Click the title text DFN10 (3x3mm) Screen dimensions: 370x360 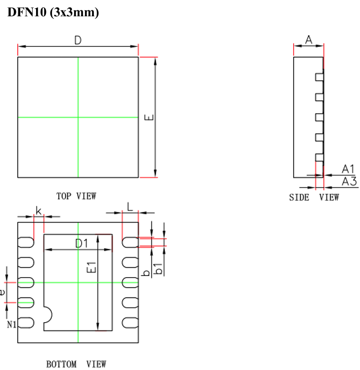53,13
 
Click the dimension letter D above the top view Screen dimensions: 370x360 78,41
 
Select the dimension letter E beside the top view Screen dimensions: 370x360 150,118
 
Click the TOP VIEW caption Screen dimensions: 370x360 76,196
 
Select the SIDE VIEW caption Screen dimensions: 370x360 314,198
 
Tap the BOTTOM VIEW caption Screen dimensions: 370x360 76,365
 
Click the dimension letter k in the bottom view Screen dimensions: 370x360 39,211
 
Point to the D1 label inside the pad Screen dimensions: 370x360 81,243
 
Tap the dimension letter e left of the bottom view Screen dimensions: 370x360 3,292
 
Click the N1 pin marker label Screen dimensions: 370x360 11,325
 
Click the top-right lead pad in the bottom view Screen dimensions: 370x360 130,242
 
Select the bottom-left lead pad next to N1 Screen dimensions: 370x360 26,322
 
